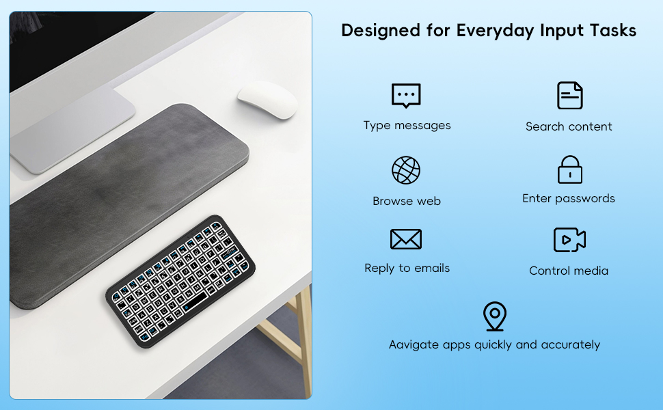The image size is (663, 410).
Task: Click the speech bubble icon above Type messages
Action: point(406,96)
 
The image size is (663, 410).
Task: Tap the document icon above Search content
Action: point(569,96)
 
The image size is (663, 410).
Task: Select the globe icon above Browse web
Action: point(406,170)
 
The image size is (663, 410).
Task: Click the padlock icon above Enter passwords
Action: point(569,169)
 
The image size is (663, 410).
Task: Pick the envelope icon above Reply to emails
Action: point(406,239)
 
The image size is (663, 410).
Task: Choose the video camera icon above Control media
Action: point(569,240)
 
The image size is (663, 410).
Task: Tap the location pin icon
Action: point(494,316)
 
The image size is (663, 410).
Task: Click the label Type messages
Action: point(407,126)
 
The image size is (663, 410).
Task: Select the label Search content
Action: point(569,126)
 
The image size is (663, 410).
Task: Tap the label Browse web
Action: point(407,201)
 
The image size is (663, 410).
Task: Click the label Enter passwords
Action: point(569,199)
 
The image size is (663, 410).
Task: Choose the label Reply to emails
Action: point(407,269)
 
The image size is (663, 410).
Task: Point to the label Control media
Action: point(569,271)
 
